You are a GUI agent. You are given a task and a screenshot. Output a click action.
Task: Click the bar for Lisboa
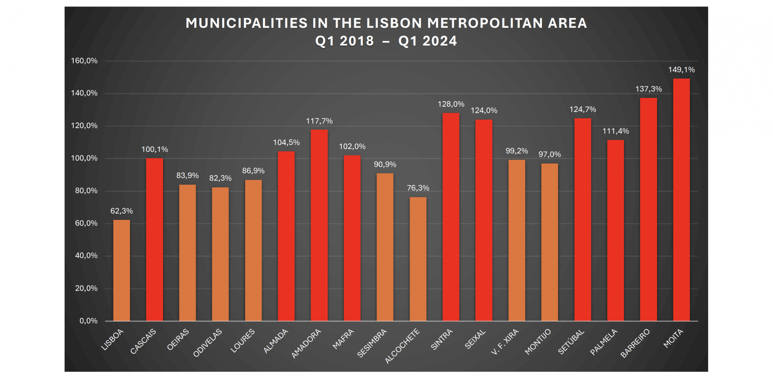[122, 270]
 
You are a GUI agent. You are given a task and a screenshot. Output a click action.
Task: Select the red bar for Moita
[681, 200]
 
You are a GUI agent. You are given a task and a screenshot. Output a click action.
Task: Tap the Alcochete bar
[418, 259]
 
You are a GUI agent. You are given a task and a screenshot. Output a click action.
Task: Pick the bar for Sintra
[451, 217]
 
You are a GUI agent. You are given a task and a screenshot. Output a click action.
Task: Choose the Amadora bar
[319, 225]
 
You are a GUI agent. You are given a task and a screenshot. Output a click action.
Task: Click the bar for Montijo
[550, 242]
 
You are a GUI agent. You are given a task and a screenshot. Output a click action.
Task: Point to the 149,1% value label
[681, 70]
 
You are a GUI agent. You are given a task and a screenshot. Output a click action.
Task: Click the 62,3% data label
[122, 211]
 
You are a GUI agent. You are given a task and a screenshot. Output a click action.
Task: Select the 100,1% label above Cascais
[155, 149]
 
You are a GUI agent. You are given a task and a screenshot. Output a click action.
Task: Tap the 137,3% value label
[648, 89]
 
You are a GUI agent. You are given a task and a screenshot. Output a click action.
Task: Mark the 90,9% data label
[385, 164]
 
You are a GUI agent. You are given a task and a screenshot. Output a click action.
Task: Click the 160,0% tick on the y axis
[84, 61]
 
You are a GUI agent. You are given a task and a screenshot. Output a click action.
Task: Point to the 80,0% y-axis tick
[86, 191]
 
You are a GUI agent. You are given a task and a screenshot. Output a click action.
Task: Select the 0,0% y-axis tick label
[88, 321]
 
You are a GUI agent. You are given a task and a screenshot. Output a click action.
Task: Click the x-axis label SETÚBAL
[571, 342]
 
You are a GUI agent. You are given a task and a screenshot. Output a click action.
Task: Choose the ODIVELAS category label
[207, 343]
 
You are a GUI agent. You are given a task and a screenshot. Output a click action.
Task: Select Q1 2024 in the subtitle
[428, 41]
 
